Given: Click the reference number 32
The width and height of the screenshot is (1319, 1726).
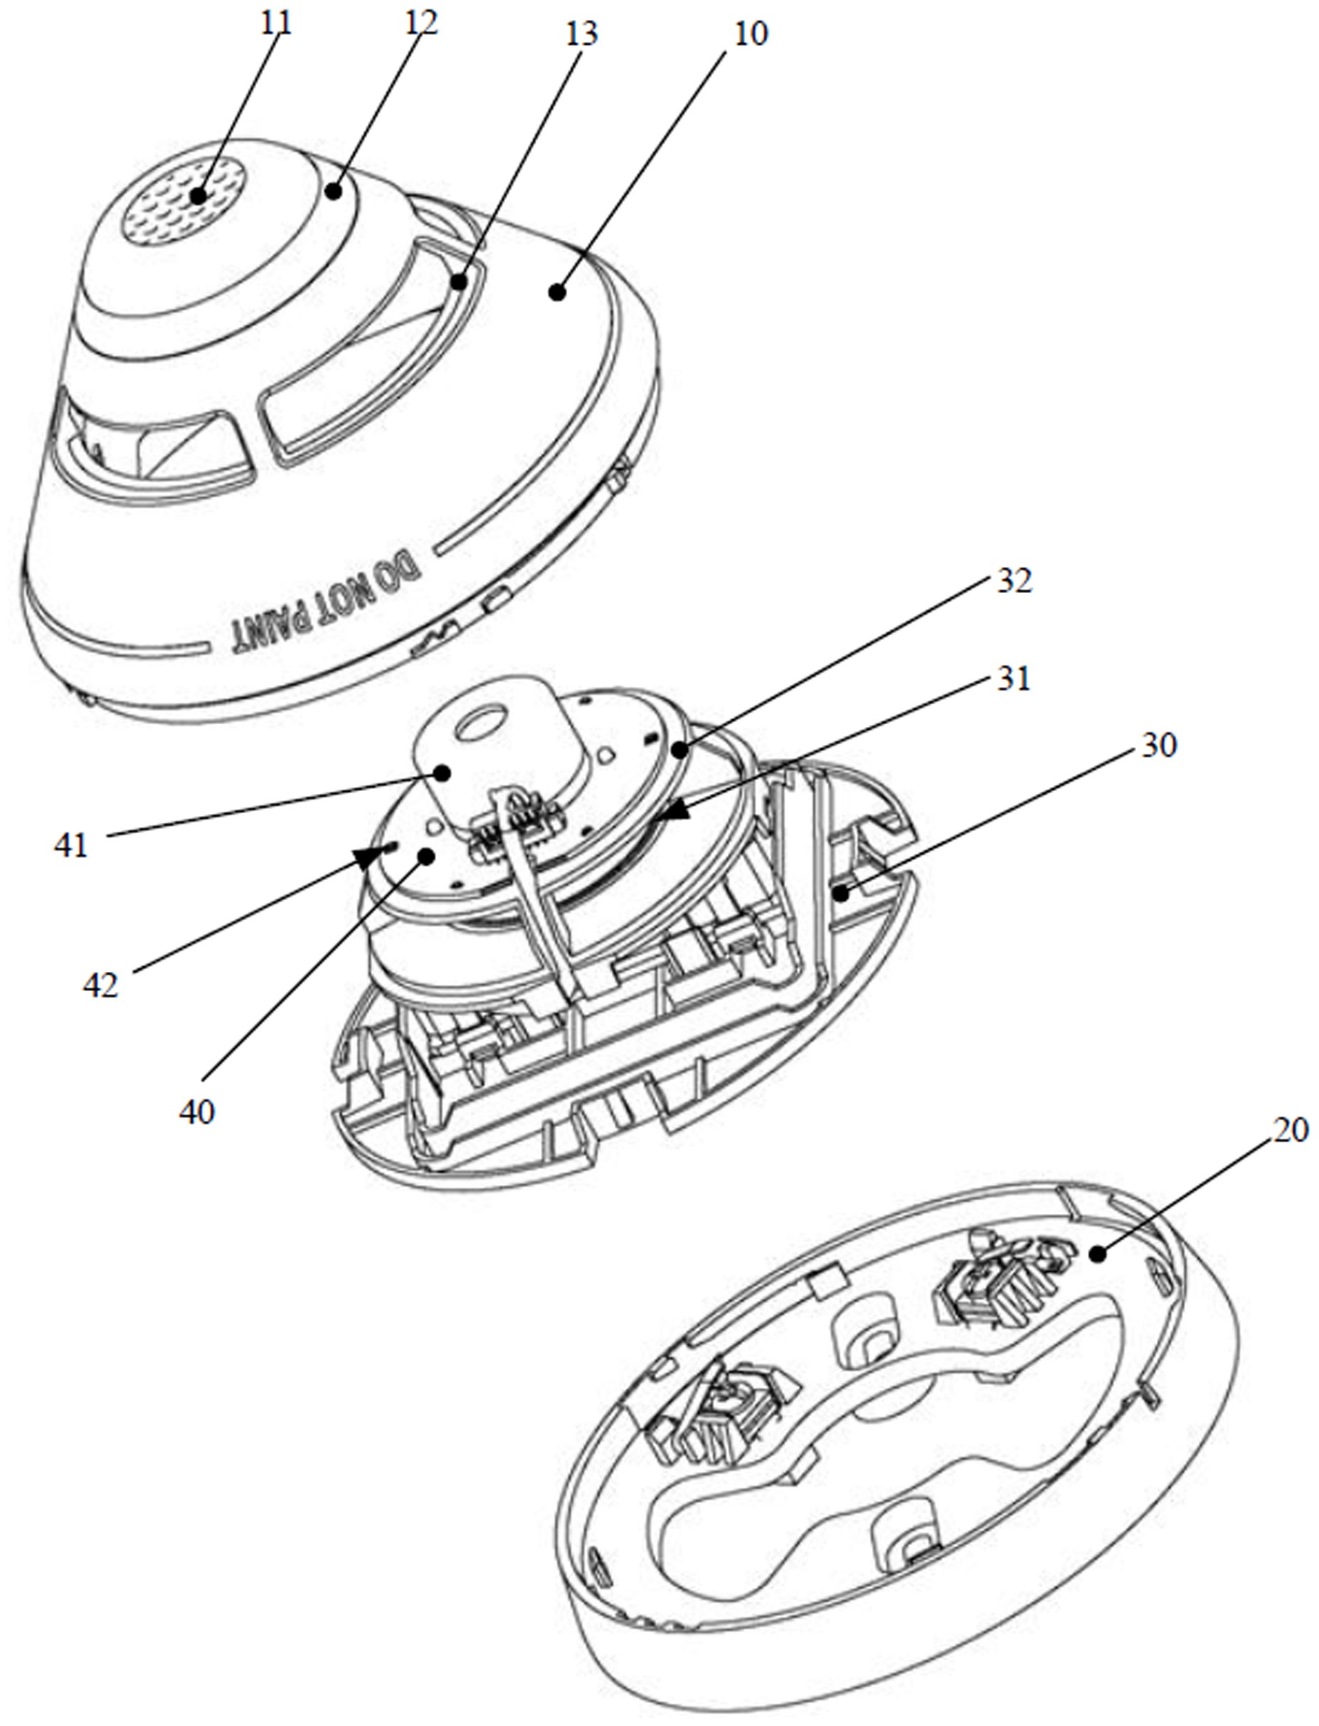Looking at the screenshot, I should pyautogui.click(x=1014, y=580).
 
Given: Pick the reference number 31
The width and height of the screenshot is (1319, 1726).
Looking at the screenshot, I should pyautogui.click(x=1013, y=678).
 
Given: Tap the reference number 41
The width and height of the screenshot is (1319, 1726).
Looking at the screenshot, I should pyautogui.click(x=70, y=845).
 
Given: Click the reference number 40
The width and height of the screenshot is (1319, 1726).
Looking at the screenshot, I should pyautogui.click(x=196, y=1112).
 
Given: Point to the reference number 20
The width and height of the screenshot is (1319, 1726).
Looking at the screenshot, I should pyautogui.click(x=1291, y=1131).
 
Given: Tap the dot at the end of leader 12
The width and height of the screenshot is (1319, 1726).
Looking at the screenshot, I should pyautogui.click(x=335, y=190).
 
